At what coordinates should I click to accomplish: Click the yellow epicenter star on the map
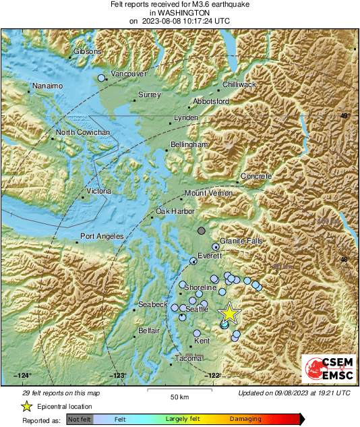click(x=230, y=312)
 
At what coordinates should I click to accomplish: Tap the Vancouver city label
click(x=128, y=74)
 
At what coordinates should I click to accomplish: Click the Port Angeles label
click(x=102, y=237)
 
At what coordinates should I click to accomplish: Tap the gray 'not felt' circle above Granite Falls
click(x=202, y=231)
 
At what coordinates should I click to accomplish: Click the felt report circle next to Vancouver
click(x=102, y=78)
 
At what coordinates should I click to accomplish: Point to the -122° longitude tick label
click(x=214, y=376)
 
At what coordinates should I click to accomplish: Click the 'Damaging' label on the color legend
click(x=245, y=420)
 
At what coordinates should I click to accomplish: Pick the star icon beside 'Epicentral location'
click(x=26, y=406)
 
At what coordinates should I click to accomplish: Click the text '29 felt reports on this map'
click(x=61, y=393)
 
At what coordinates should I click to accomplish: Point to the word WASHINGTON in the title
click(x=180, y=13)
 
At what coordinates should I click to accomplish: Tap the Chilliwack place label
click(x=239, y=84)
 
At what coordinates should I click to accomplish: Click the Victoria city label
click(x=98, y=192)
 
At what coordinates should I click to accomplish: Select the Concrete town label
click(x=256, y=176)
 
